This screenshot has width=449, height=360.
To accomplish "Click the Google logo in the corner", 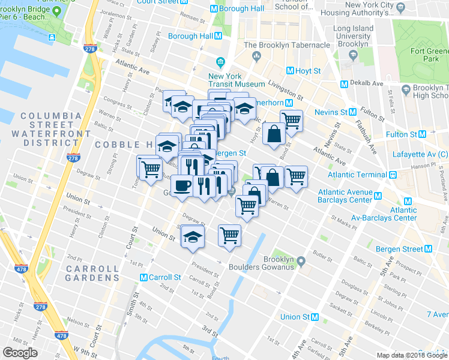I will pos(20,352).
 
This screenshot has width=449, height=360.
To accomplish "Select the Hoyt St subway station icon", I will pos(291,71).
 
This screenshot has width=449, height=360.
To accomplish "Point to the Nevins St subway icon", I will pos(352,112).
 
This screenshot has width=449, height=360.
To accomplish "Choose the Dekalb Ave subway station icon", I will pos(345,83).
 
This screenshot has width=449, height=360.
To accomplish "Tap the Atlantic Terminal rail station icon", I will pos(393,175).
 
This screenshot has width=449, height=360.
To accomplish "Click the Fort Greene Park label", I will pos(427,55).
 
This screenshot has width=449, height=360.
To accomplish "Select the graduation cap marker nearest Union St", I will pos(193,236).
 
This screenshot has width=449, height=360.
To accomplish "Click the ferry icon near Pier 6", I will pos(52,37).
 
